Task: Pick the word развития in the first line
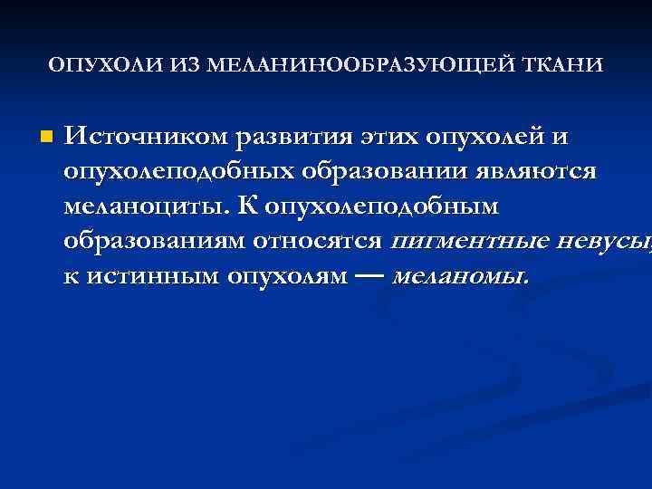[x=285, y=139]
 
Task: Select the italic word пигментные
[x=472, y=241]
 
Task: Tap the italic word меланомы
[x=460, y=275]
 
